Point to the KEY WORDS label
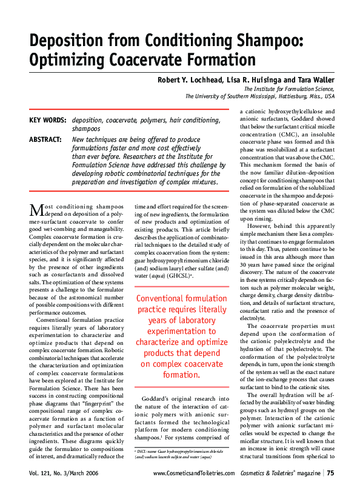click(48, 120)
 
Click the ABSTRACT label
click(45, 139)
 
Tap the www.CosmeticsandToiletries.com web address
click(194, 473)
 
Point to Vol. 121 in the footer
click(42, 473)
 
